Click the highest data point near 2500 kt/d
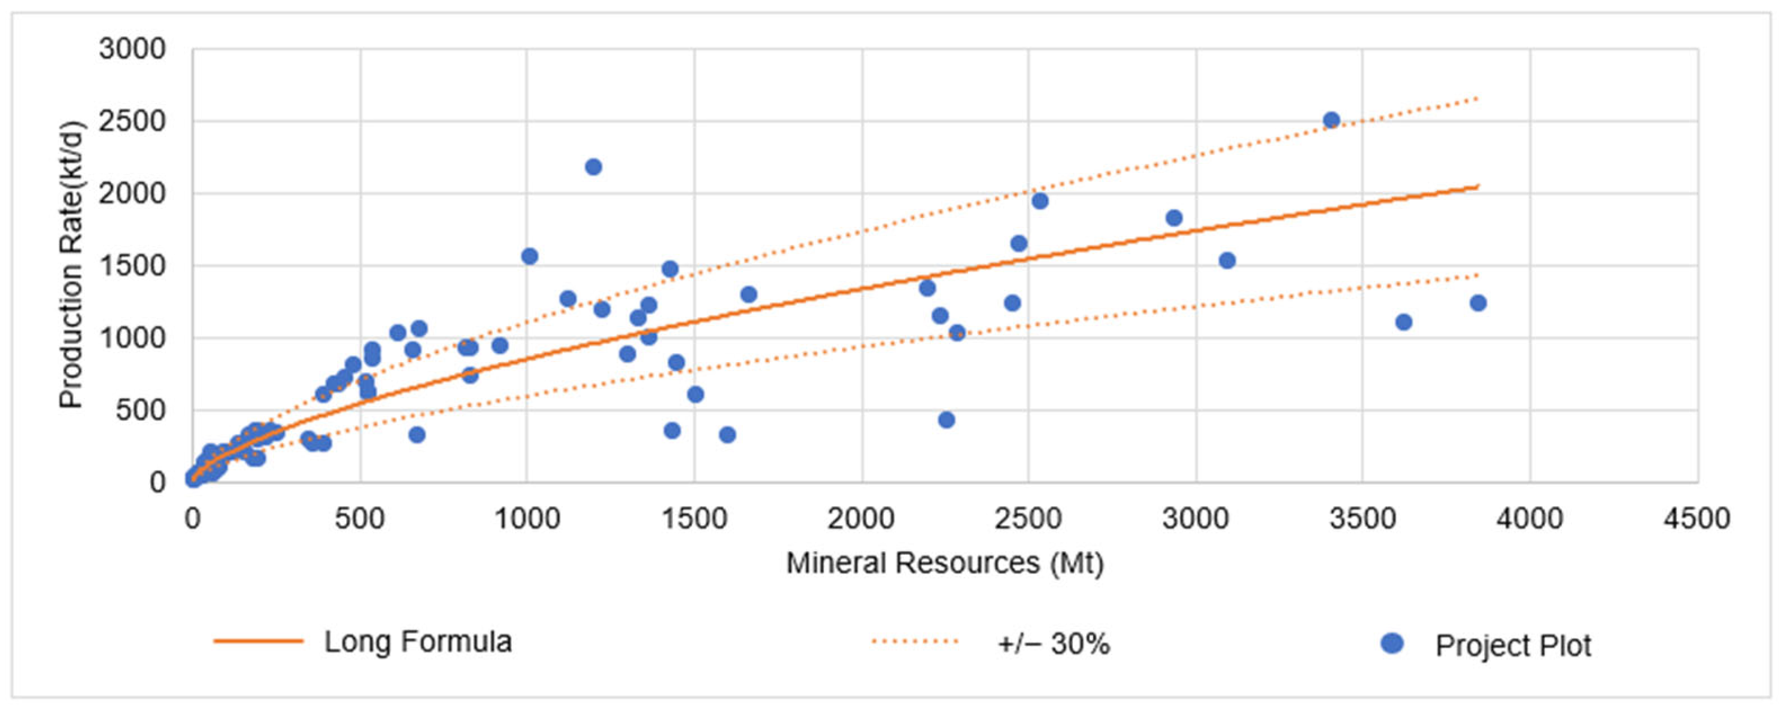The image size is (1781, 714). (1331, 120)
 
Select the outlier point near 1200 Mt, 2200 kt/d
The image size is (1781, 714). (593, 166)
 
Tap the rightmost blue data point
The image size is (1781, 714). (1478, 303)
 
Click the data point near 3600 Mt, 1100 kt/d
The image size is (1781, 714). (1403, 322)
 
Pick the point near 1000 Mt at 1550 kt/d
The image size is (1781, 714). (530, 256)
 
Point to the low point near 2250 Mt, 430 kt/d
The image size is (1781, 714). (946, 420)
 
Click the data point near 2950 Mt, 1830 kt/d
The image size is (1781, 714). (1174, 218)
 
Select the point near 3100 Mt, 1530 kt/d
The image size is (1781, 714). (1227, 260)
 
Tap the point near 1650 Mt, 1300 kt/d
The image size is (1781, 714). (749, 294)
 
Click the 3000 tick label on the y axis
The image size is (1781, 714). (132, 50)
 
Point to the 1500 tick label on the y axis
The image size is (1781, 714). (132, 266)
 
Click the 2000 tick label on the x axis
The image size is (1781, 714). (861, 518)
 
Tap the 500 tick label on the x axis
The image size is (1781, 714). (360, 518)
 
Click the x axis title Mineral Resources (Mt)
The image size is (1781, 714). (945, 563)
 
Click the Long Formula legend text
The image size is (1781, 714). (418, 642)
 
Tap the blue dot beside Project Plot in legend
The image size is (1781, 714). (1392, 643)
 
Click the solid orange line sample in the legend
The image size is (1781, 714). (259, 642)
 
